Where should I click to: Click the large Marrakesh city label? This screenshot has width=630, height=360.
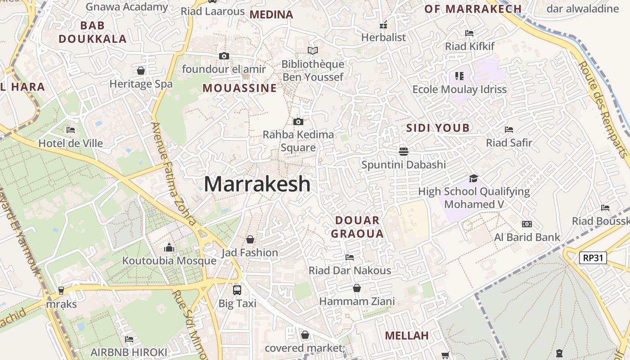[257, 184]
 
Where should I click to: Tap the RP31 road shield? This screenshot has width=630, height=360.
[593, 258]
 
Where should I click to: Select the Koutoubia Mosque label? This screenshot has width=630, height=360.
[169, 261]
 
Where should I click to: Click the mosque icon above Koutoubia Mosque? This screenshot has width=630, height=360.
[169, 247]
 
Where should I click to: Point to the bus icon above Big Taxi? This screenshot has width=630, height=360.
[237, 290]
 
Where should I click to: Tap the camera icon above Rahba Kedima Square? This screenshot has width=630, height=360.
[298, 121]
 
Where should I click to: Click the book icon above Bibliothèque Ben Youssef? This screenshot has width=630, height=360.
[312, 51]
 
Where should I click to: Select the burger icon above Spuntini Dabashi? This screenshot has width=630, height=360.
[404, 151]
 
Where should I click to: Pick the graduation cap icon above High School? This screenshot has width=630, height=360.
[473, 178]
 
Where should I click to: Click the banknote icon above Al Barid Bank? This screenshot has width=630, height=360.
[526, 224]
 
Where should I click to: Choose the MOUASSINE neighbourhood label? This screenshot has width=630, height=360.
[239, 88]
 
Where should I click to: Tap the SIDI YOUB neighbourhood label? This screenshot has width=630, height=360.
[438, 128]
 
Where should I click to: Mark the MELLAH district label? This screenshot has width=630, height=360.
[407, 336]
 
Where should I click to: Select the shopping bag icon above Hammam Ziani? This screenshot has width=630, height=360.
[357, 288]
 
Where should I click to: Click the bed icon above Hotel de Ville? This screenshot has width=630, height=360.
[71, 130]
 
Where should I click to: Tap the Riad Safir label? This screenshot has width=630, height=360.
[509, 143]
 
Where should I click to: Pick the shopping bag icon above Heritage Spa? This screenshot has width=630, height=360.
[141, 71]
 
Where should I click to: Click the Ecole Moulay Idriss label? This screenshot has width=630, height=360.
[459, 90]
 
